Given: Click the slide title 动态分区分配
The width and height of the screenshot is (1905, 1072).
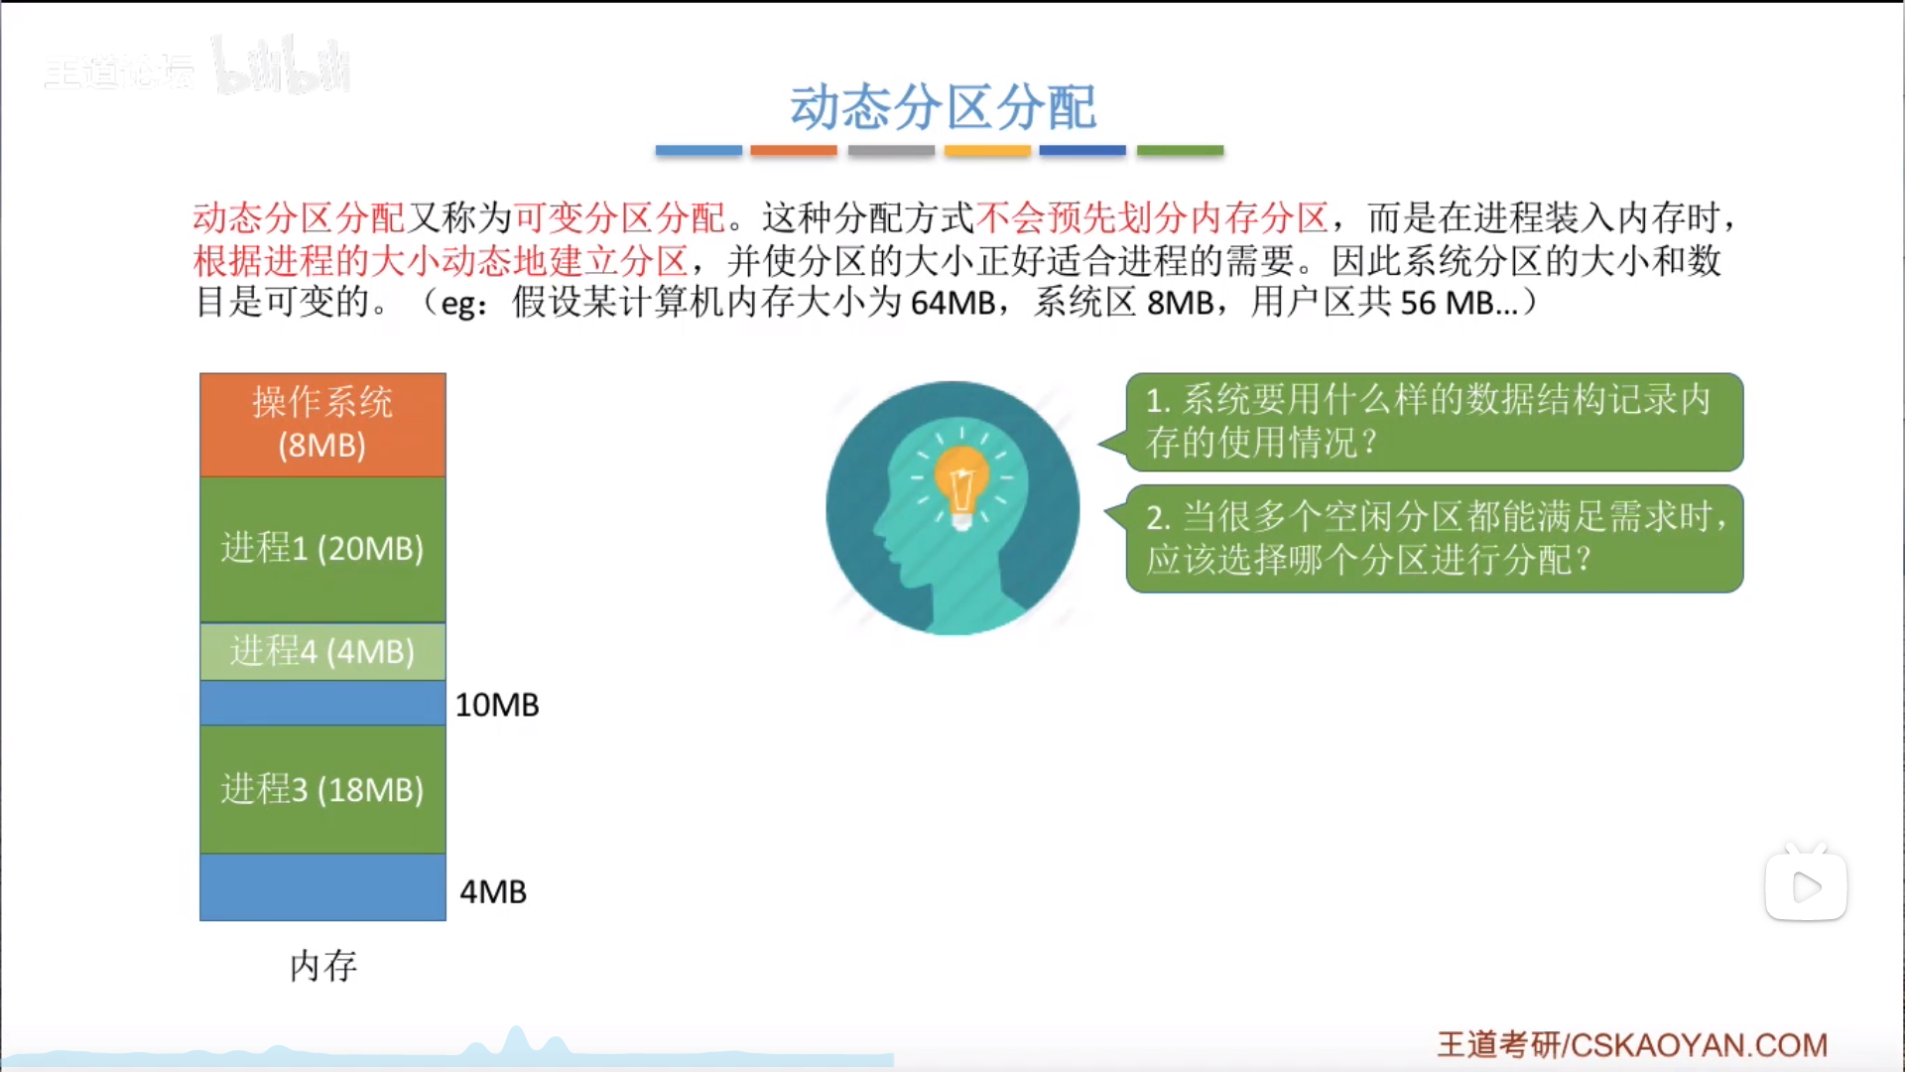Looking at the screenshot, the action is click(943, 107).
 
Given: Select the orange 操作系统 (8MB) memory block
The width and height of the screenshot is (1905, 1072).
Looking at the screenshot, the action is click(322, 425).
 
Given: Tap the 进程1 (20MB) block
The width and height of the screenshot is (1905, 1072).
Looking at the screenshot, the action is click(322, 549).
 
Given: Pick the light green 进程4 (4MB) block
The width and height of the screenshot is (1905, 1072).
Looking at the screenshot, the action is click(322, 651).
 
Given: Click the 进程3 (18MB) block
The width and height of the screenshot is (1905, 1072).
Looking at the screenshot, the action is click(322, 789).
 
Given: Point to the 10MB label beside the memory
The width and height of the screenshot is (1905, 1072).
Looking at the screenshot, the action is click(497, 705).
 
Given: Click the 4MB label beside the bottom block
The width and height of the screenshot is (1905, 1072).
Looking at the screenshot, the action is click(493, 891).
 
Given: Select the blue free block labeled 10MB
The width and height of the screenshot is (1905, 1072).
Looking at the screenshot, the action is click(322, 703).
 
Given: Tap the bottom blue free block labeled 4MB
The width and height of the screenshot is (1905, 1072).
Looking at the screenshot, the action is click(322, 887).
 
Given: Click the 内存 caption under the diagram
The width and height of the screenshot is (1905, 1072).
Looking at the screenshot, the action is click(323, 965).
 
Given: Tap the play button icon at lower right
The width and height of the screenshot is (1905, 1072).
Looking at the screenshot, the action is click(1806, 886).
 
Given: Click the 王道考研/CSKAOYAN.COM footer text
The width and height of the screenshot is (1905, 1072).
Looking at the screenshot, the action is click(1632, 1044).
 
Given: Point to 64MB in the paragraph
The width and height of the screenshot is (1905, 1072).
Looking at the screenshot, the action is click(952, 303).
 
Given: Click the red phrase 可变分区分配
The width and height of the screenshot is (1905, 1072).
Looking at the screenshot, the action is click(619, 217).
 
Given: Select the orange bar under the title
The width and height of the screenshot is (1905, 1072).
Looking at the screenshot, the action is click(794, 150).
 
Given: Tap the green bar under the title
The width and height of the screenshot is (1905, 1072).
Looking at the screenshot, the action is click(1180, 150).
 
